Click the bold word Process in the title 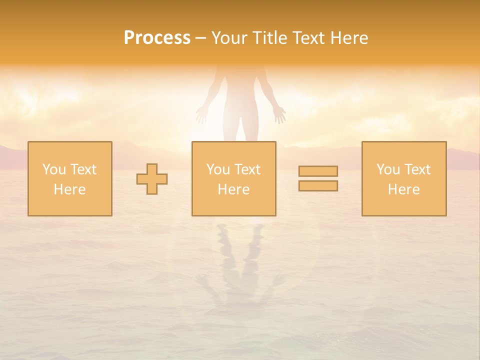click(157, 38)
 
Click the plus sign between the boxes click(152, 179)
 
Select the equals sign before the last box click(318, 178)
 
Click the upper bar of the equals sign click(318, 171)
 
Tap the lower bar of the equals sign click(318, 185)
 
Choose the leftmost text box click(69, 179)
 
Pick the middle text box click(233, 179)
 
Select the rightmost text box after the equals click(403, 179)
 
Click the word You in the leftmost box click(53, 169)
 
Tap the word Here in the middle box click(233, 189)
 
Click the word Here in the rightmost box click(403, 189)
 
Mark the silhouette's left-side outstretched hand click(201, 114)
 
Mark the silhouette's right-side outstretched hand click(279, 114)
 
